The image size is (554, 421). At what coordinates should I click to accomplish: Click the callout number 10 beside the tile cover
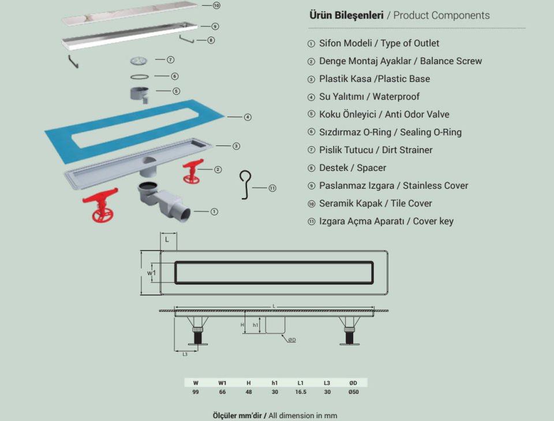point(216,6)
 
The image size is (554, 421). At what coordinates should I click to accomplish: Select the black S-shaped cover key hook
point(246,184)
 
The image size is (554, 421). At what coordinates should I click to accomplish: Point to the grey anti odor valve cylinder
point(138,92)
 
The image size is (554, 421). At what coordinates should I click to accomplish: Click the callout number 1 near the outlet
point(214,212)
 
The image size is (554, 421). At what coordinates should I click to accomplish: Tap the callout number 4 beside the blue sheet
point(248,117)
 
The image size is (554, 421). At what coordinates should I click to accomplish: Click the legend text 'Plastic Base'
point(403,79)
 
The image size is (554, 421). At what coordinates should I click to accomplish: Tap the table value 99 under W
point(196,392)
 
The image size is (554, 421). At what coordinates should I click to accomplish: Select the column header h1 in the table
point(275,382)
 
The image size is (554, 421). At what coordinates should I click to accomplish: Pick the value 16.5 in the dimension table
point(301,392)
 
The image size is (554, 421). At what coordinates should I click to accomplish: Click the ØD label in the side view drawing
point(292,340)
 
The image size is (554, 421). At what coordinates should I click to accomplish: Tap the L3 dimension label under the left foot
point(185,353)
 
